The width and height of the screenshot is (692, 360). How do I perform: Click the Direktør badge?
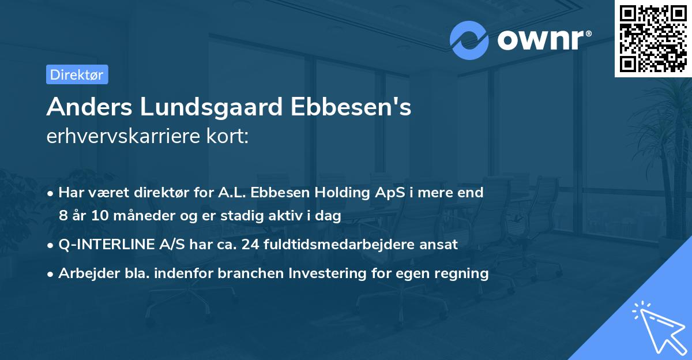[77, 74]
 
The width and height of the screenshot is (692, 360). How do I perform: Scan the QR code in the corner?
[653, 38]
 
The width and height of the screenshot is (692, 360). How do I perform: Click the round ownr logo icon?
[469, 40]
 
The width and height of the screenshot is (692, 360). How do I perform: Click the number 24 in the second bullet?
[250, 245]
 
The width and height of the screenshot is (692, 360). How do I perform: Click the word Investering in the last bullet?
[328, 273]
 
